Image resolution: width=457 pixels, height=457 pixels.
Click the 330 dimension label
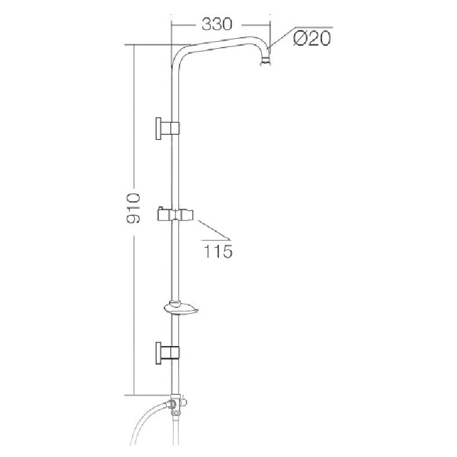217,24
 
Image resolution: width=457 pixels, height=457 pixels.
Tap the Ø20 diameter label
312,38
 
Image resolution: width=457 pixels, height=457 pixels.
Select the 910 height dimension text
133,208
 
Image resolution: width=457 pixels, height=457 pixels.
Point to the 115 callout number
218,251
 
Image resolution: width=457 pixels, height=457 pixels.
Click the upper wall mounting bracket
167,128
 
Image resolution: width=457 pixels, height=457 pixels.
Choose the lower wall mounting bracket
167,353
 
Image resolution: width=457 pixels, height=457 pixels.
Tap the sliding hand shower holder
176,215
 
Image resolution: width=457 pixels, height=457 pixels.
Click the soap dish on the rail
181,308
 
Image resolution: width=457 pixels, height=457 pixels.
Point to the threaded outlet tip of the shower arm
265,61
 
